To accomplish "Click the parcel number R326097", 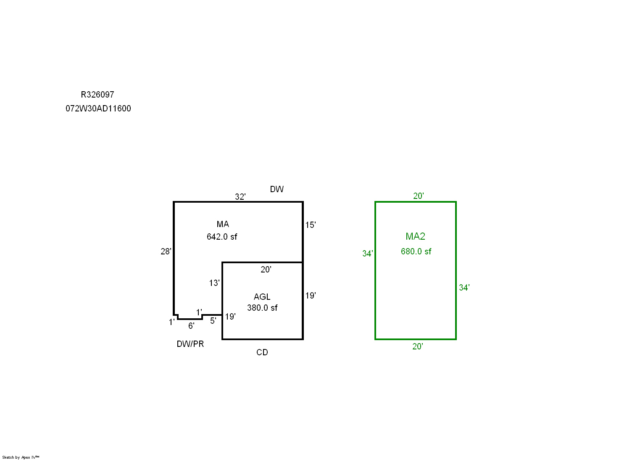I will point(97,95).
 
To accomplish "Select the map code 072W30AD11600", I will point(98,108).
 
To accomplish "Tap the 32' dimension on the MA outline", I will point(240,197).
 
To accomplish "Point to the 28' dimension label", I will point(166,251).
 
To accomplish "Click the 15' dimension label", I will point(311,225).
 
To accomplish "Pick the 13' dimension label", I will point(214,283).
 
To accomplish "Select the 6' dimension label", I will point(191,326).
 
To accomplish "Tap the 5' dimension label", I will point(213,321).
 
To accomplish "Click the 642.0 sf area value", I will point(222,237).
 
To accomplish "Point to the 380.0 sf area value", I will point(262,308).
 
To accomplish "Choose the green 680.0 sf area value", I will point(416,251).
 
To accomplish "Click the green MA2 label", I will point(416,236).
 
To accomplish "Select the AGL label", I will point(262,297).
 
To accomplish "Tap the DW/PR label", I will point(190,344).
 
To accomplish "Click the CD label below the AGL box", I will point(262,352).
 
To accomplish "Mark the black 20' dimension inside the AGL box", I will point(266,270).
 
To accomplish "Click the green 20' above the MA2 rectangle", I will point(419,196).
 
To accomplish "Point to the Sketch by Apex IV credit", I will point(21,457).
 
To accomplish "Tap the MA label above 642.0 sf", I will point(223,224).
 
